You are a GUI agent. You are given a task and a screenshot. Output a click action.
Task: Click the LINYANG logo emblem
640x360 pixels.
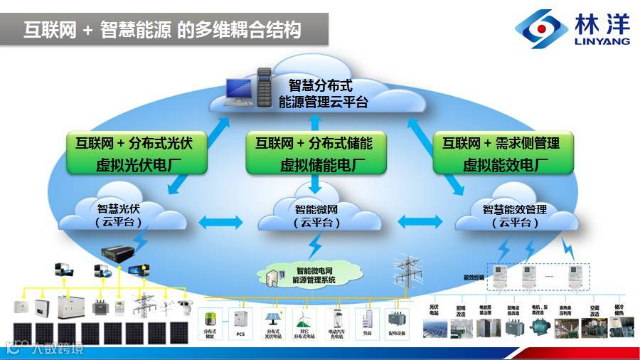(541, 28)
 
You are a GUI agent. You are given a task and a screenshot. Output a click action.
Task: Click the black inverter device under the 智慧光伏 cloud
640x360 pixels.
(117, 251)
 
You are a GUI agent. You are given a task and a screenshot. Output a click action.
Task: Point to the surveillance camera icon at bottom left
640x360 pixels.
(183, 306)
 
